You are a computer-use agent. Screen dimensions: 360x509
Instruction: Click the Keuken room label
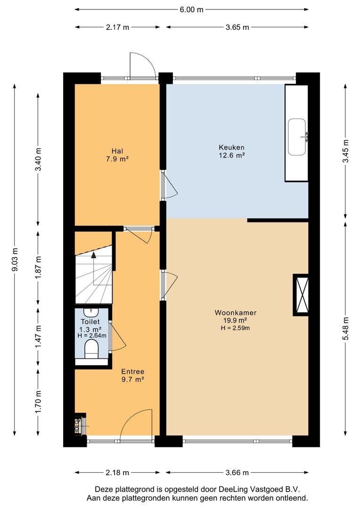[x=231, y=148]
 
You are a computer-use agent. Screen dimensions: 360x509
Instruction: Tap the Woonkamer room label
[x=235, y=312]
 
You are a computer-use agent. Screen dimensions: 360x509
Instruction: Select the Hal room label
[x=117, y=151]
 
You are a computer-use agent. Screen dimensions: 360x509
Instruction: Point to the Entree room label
[x=132, y=372]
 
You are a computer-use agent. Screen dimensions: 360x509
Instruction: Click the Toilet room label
[x=90, y=322]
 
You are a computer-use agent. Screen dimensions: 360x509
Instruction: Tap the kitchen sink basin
[x=297, y=137]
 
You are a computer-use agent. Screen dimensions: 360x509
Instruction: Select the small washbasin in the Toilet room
[x=91, y=312]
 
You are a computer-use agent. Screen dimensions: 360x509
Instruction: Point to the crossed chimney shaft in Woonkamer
[x=301, y=295]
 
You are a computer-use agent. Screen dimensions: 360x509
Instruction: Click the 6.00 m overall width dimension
[x=191, y=9]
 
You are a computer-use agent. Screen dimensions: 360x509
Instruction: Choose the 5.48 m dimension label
[x=346, y=328]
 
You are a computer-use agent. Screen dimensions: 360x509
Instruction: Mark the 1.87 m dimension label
[x=38, y=267]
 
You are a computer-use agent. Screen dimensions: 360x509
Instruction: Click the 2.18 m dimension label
[x=117, y=473]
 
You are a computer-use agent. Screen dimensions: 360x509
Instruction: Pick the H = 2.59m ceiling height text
[x=235, y=328]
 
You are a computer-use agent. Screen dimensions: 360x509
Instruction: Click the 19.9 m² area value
[x=235, y=320]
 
